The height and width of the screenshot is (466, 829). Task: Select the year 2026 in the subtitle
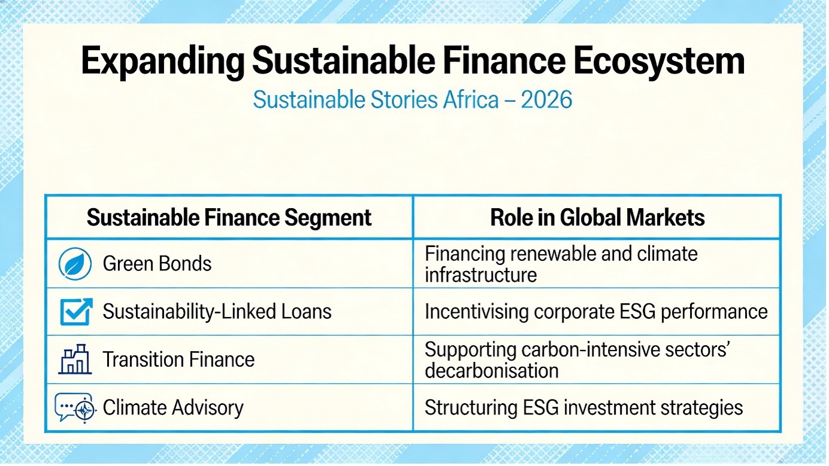(546, 100)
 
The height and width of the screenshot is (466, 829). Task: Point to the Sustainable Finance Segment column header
(229, 217)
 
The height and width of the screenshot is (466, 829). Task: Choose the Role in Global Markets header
(597, 217)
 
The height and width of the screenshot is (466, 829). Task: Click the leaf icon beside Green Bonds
(75, 264)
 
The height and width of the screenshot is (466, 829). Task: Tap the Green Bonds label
(157, 264)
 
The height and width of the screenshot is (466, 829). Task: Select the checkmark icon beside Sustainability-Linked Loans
(76, 312)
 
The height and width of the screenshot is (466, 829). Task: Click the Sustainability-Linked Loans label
(217, 312)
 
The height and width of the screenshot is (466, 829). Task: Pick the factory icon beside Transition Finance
(75, 359)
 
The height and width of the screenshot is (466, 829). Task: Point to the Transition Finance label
(178, 360)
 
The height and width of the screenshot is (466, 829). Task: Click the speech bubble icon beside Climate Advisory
(75, 407)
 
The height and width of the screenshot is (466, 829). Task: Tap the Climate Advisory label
(173, 407)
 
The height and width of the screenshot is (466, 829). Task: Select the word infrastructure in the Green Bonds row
(481, 275)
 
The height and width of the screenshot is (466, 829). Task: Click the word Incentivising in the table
(477, 312)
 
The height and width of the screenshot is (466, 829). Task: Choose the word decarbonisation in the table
(492, 371)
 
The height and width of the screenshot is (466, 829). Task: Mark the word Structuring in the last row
(471, 408)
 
